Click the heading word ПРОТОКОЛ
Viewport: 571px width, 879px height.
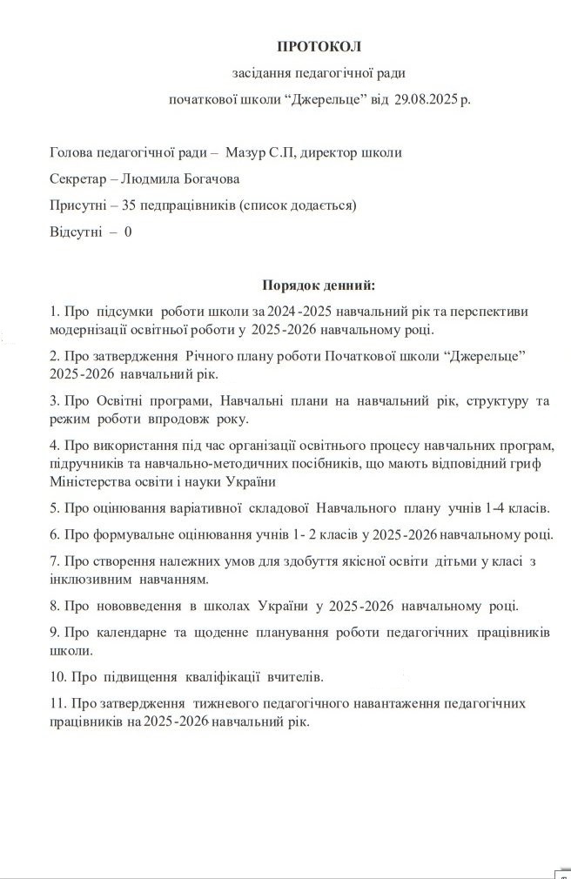[x=318, y=46]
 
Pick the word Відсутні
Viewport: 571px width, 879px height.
[x=76, y=232]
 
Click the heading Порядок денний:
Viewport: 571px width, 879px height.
[x=319, y=285]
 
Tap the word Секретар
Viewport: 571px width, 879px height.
[x=78, y=179]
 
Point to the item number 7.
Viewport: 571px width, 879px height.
[x=54, y=560]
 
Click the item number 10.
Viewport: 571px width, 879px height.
[x=58, y=676]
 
